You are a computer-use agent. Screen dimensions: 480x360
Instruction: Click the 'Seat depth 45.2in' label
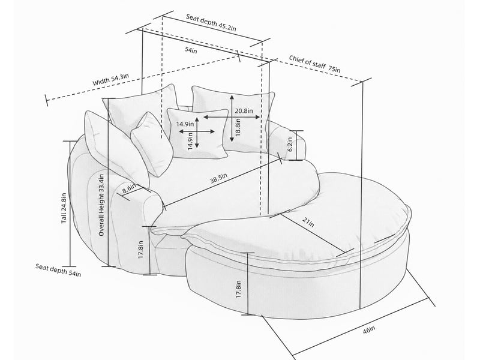pyautogui.click(x=211, y=22)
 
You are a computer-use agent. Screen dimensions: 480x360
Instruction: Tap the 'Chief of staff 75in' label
pyautogui.click(x=314, y=64)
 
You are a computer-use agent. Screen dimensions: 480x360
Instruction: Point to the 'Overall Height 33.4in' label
pyautogui.click(x=101, y=205)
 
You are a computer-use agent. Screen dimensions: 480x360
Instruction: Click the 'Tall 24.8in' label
pyautogui.click(x=64, y=208)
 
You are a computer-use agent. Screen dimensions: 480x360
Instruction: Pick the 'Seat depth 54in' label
pyautogui.click(x=58, y=270)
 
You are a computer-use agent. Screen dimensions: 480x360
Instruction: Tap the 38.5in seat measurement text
pyautogui.click(x=218, y=178)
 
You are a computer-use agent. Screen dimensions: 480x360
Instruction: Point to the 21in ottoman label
pyautogui.click(x=308, y=222)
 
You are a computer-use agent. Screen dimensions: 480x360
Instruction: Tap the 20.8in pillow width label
pyautogui.click(x=244, y=111)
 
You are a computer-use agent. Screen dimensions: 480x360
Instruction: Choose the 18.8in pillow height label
pyautogui.click(x=238, y=127)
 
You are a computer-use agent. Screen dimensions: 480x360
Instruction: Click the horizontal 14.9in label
pyautogui.click(x=185, y=124)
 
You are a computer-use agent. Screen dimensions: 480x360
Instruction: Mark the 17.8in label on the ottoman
pyautogui.click(x=239, y=289)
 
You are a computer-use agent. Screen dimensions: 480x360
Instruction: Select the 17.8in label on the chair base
pyautogui.click(x=141, y=250)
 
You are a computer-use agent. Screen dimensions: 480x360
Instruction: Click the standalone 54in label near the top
pyautogui.click(x=191, y=50)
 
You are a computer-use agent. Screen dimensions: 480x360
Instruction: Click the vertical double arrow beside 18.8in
pyautogui.click(x=232, y=118)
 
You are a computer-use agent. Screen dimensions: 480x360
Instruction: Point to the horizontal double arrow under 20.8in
pyautogui.click(x=232, y=117)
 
